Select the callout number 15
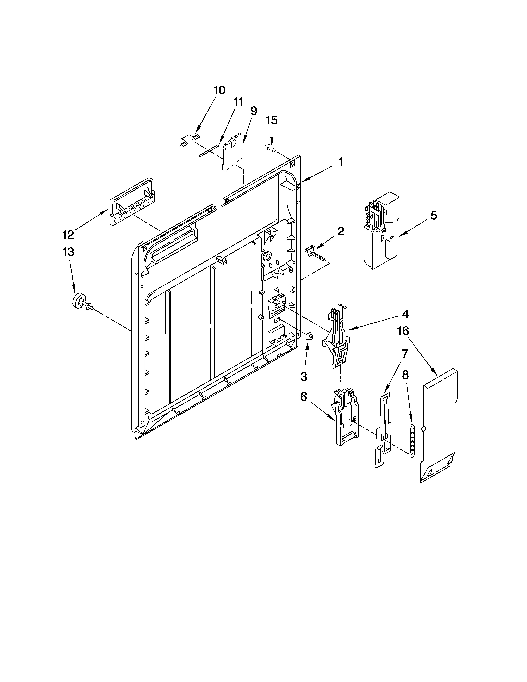click(272, 120)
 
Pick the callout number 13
click(68, 252)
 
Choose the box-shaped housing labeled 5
click(382, 231)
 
